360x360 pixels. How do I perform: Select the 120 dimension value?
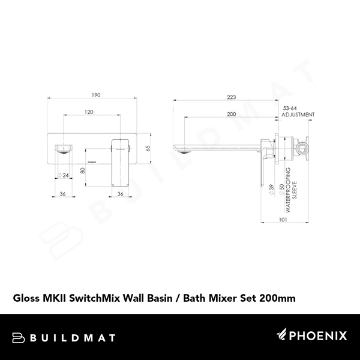[x=89, y=112]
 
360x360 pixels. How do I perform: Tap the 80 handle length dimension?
[x=82, y=170]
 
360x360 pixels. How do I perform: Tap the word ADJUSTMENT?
[x=298, y=114]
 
